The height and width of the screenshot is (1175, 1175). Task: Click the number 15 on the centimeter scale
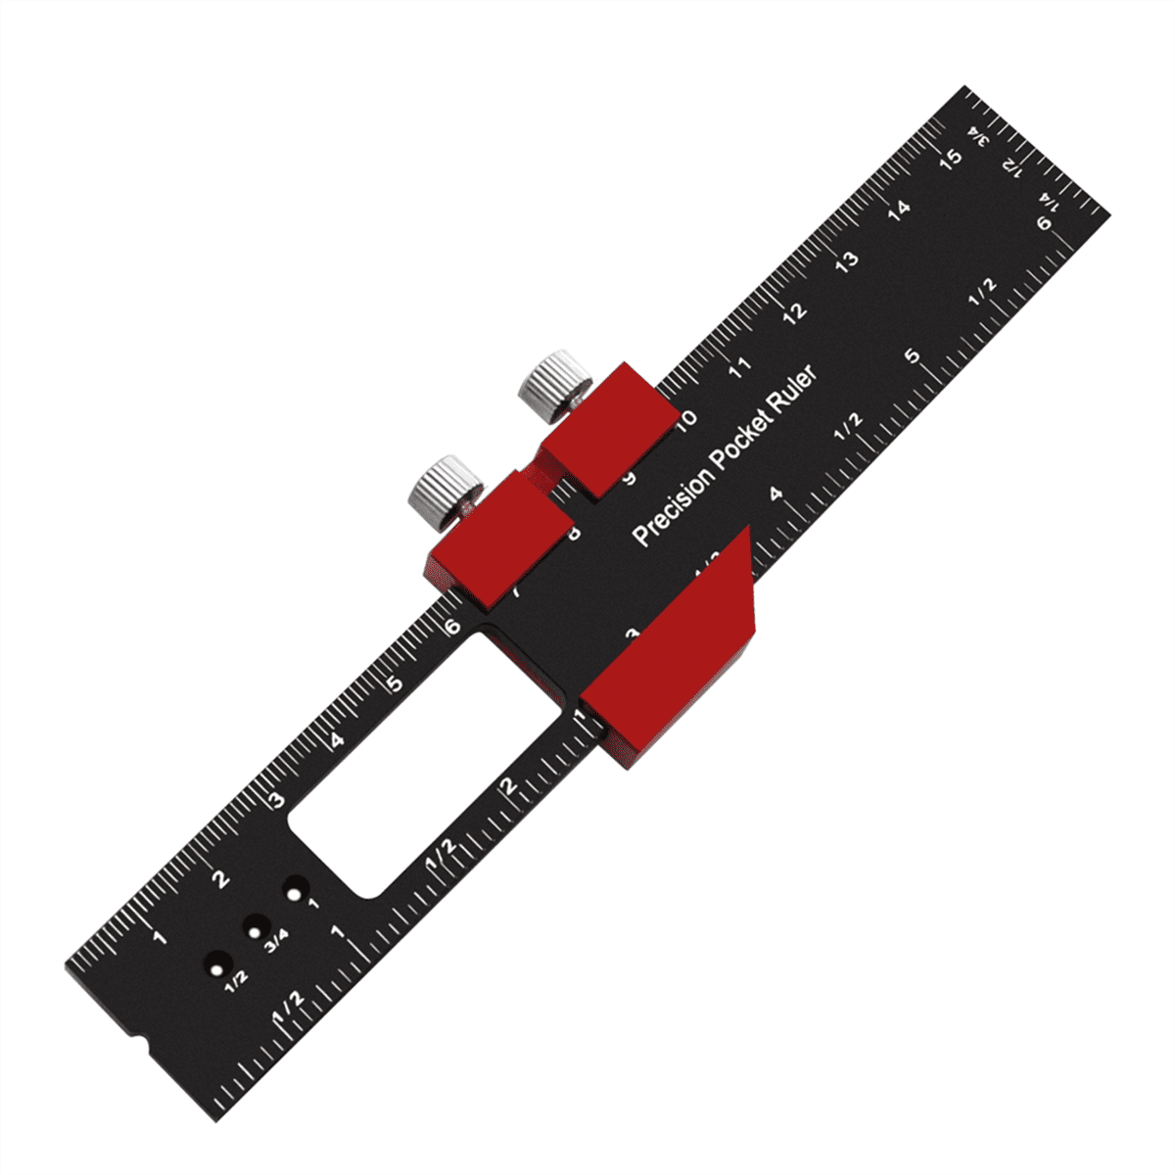coord(950,157)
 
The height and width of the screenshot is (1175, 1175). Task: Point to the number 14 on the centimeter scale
coord(899,208)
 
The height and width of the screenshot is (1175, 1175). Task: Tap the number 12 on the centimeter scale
coord(795,311)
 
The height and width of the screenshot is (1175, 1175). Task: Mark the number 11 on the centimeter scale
coord(740,367)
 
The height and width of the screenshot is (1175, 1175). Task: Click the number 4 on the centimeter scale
coord(337,741)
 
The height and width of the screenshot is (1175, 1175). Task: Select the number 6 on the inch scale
coord(1045,224)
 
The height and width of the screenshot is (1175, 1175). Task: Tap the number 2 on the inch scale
coord(508,784)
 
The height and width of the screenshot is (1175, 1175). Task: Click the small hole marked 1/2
coord(215,963)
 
